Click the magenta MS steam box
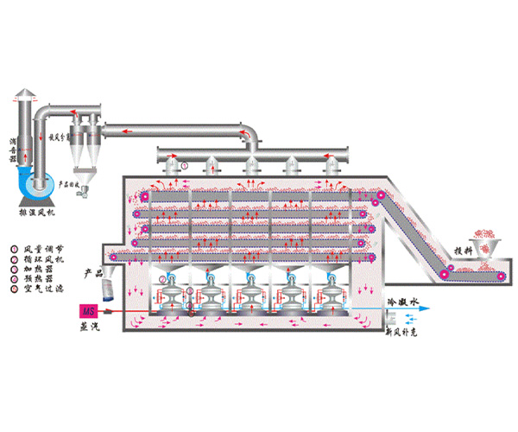click(88, 310)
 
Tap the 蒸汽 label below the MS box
click(88, 327)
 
